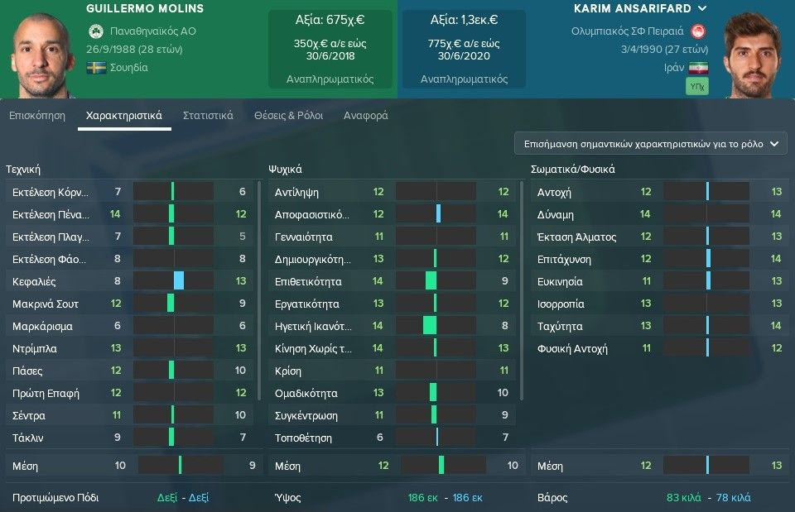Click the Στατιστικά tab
208,116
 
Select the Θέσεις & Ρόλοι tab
288,116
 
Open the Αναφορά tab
365,116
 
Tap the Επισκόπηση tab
37,116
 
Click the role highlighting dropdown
651,143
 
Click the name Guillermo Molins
145,9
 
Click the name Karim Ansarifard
633,8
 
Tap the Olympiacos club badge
699,31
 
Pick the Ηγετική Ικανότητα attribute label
312,326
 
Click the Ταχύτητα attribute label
560,326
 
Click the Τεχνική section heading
23,170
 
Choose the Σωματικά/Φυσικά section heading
572,170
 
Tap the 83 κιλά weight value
684,498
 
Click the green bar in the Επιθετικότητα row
431,281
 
